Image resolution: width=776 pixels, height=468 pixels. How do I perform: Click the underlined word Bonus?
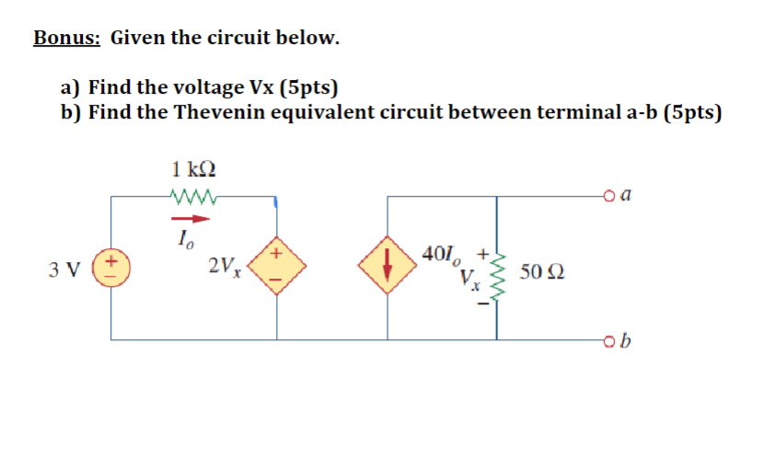coord(67,38)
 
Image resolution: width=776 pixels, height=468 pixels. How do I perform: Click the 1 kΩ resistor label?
coord(194,168)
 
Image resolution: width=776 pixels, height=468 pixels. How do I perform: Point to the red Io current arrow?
coord(191,219)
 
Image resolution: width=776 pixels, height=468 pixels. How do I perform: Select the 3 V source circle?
coord(111,268)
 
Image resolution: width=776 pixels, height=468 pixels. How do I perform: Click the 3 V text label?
coord(64,270)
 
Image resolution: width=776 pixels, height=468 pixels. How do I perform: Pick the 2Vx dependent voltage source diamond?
coord(277,267)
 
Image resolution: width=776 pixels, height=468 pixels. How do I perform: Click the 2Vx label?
coord(224,268)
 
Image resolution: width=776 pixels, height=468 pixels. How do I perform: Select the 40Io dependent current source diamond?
coord(388,268)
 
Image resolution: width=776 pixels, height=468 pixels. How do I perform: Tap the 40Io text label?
coord(441,254)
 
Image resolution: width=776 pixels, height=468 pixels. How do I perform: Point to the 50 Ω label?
coord(542,271)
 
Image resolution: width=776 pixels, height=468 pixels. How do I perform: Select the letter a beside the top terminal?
coord(626,194)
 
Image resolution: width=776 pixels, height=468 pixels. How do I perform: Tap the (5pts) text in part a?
coord(307,88)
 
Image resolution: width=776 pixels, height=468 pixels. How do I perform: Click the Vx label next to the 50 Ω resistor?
coord(470,279)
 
